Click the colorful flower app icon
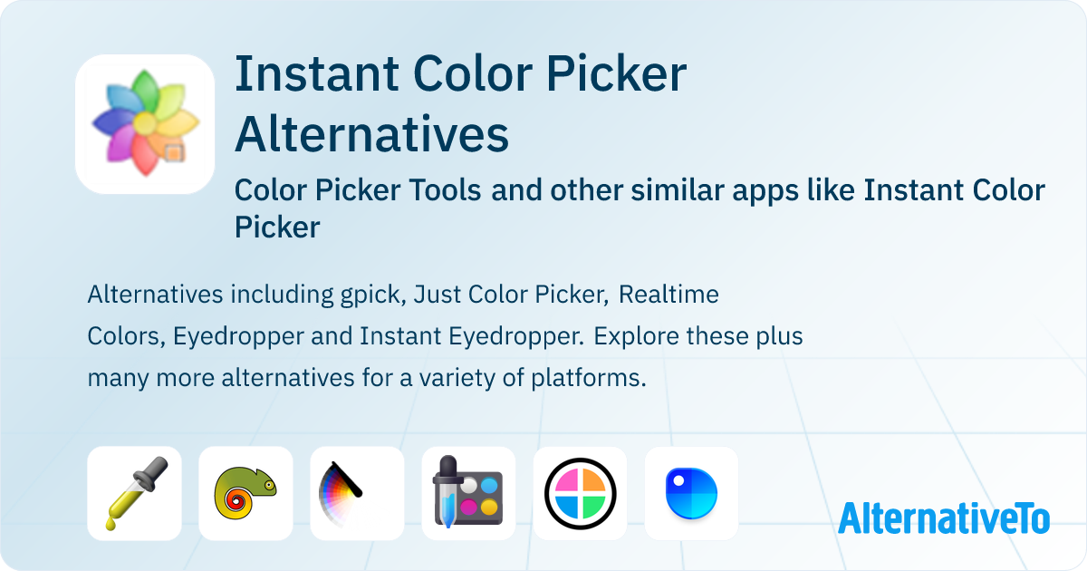pyautogui.click(x=145, y=124)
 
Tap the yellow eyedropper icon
pyautogui.click(x=134, y=493)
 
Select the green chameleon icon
pyautogui.click(x=245, y=493)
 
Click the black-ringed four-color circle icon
pyautogui.click(x=580, y=493)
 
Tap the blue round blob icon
pyautogui.click(x=691, y=493)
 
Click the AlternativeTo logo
pyautogui.click(x=944, y=518)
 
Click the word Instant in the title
pyautogui.click(x=317, y=73)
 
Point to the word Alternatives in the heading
pyautogui.click(x=372, y=134)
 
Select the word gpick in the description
pyautogui.click(x=373, y=295)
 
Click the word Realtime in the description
pyautogui.click(x=669, y=295)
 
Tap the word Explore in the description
pyautogui.click(x=630, y=337)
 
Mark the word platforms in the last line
pyautogui.click(x=589, y=379)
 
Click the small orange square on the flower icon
pyautogui.click(x=174, y=152)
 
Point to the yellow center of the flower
pyautogui.click(x=145, y=123)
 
